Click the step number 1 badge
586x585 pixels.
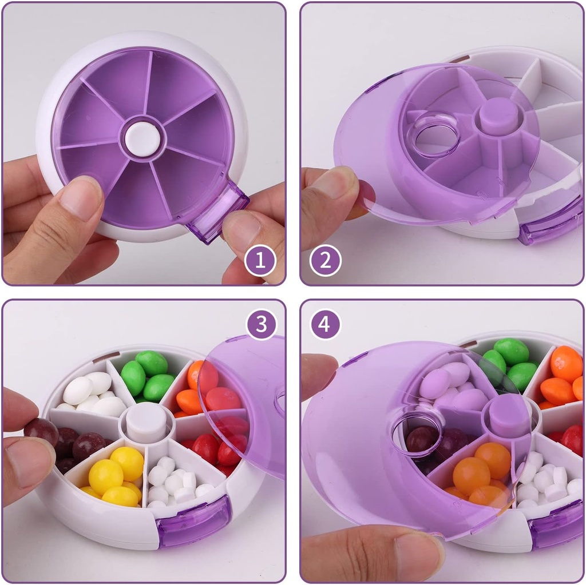pyautogui.click(x=260, y=261)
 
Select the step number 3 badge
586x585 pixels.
pyautogui.click(x=262, y=324)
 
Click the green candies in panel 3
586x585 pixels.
pyautogui.click(x=146, y=375)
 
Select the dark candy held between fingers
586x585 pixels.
pyautogui.click(x=41, y=432)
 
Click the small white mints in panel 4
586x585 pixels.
pyautogui.click(x=544, y=480)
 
